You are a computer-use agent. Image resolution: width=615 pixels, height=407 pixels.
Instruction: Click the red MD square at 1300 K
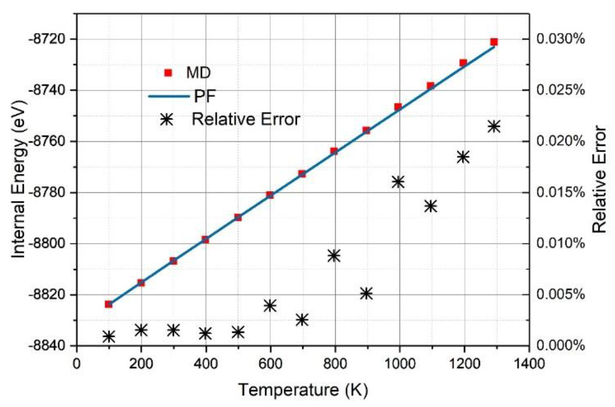pyautogui.click(x=494, y=42)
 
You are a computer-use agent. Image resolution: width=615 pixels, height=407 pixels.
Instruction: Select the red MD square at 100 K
pyautogui.click(x=109, y=304)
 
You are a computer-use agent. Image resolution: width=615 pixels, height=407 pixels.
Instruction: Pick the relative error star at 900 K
pyautogui.click(x=367, y=293)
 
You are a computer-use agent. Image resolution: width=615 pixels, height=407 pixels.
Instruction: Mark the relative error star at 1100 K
pyautogui.click(x=431, y=206)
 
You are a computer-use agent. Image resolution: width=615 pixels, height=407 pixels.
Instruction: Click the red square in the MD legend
pyautogui.click(x=168, y=73)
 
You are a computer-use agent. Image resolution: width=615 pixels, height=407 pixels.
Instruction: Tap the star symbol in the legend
pyautogui.click(x=167, y=120)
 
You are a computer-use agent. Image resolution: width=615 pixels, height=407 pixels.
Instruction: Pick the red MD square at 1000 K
pyautogui.click(x=398, y=107)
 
